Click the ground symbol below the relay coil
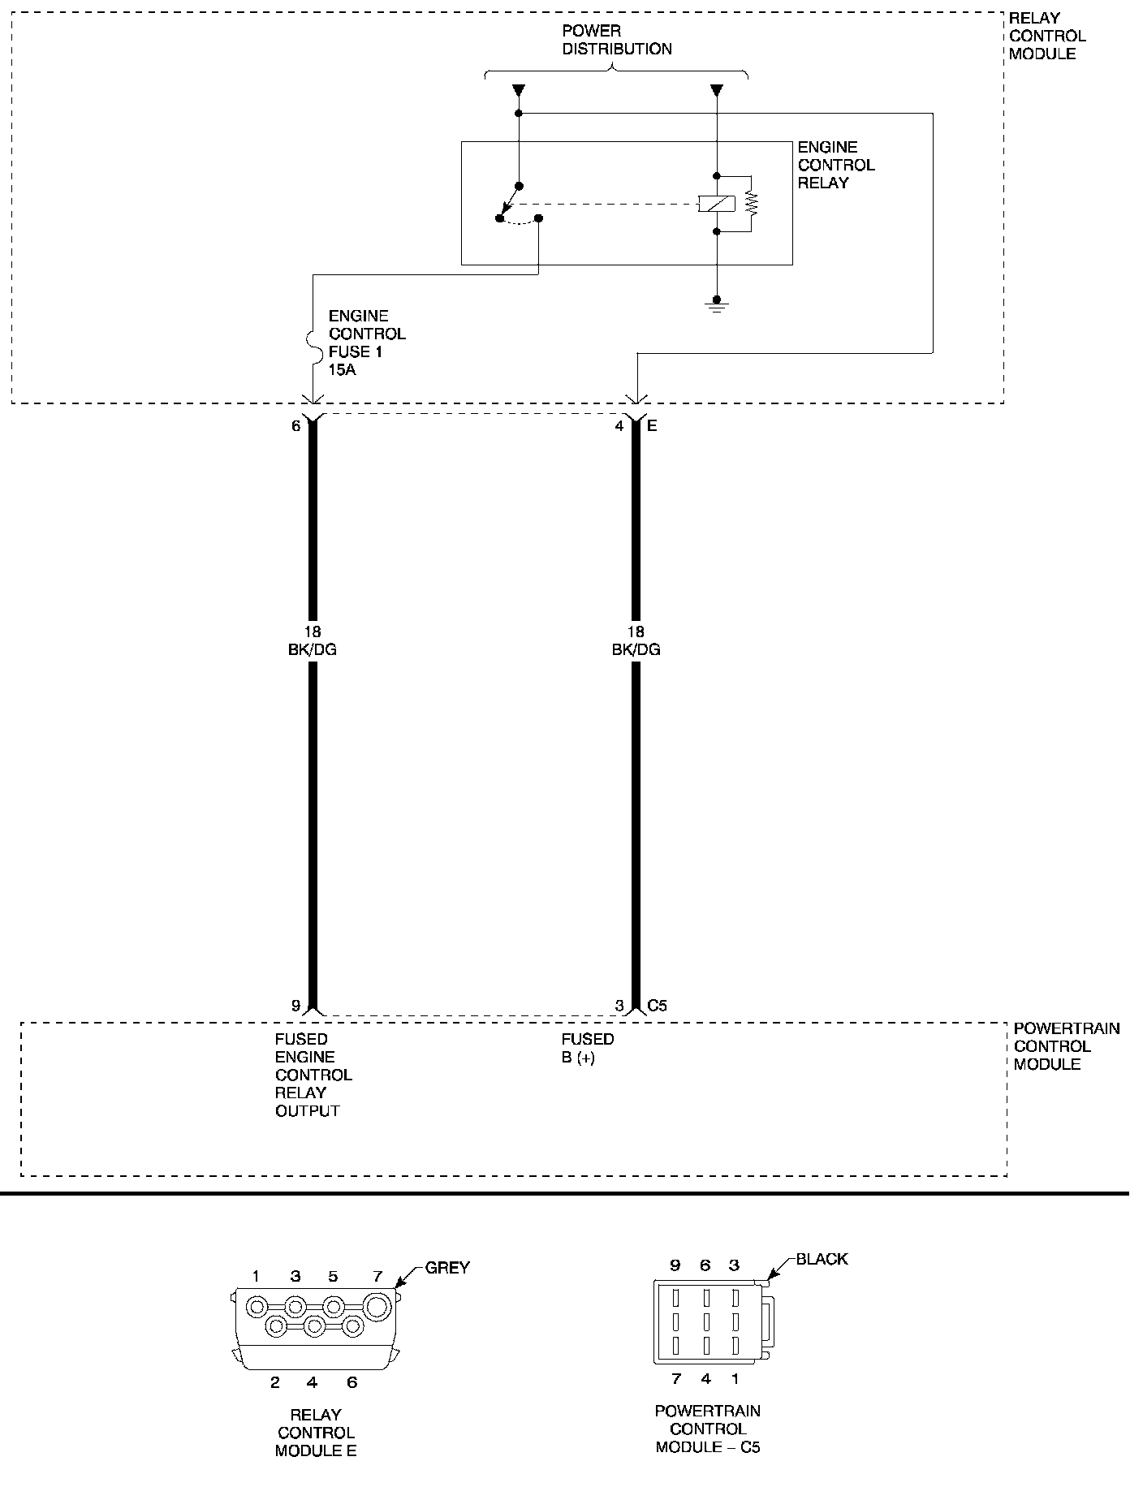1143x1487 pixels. point(716,305)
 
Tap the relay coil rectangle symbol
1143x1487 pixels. point(716,204)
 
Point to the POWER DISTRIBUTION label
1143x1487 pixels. point(617,40)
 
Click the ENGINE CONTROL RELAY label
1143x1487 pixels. point(835,165)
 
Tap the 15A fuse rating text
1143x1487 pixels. point(343,369)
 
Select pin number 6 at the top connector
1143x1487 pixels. point(296,425)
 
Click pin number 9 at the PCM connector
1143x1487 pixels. point(296,1006)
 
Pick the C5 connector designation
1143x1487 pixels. point(657,1006)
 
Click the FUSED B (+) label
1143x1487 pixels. point(587,1048)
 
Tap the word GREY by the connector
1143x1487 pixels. point(447,1267)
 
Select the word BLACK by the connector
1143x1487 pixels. point(822,1259)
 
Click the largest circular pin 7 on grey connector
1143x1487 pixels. point(377,1307)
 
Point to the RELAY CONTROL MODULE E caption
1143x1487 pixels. point(316,1433)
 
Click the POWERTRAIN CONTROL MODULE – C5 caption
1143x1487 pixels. point(707,1429)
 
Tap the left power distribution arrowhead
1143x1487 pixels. point(519,90)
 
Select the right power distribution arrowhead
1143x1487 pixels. point(716,90)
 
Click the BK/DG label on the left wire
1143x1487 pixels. point(313,649)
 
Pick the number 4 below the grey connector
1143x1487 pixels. point(313,1382)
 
